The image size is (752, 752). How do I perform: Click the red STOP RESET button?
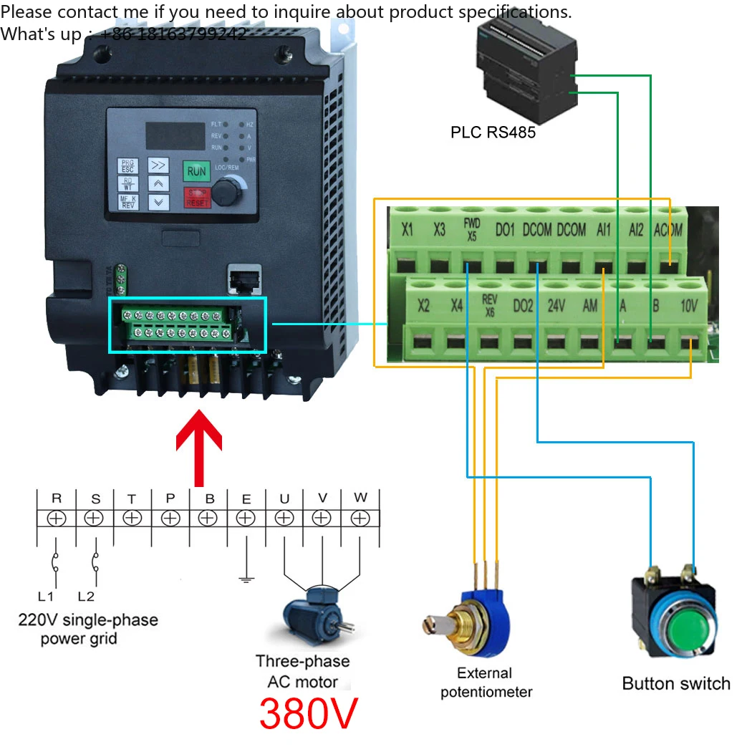point(196,198)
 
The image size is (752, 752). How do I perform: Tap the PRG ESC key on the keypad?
point(127,166)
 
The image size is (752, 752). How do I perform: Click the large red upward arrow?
point(199,447)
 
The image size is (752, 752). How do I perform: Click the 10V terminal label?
point(688,305)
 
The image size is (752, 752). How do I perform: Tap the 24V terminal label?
point(556,305)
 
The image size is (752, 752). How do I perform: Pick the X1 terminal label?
point(408,229)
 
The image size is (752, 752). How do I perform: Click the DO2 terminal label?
point(523,305)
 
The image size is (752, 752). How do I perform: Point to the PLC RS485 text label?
point(493,132)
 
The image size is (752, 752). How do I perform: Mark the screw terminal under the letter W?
point(360,517)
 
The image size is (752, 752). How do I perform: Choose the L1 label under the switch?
point(46,595)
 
